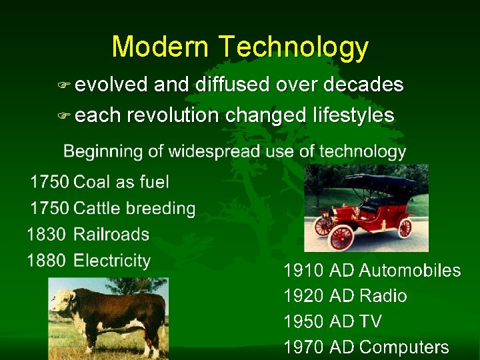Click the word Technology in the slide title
(x=293, y=47)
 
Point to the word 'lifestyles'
(x=353, y=115)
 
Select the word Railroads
(x=111, y=235)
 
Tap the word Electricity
(x=112, y=261)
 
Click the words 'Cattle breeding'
(x=135, y=208)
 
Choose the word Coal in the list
(x=91, y=182)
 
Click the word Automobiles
(x=409, y=271)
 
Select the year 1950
(x=304, y=322)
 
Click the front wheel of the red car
(x=341, y=236)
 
